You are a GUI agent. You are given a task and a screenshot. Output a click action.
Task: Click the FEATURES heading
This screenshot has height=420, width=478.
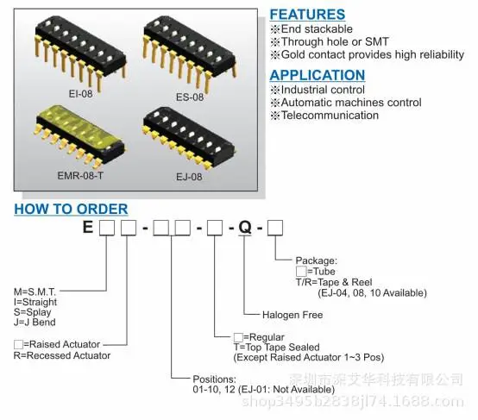pos(307,15)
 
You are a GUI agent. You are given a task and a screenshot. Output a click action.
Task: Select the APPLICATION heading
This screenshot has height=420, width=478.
pos(317,75)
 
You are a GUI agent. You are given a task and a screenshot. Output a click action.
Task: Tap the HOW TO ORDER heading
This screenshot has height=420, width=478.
pos(71,209)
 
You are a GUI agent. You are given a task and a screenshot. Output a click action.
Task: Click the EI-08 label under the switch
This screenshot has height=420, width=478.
pos(80,93)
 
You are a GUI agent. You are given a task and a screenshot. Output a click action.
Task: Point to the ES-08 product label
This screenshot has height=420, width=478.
pos(190,97)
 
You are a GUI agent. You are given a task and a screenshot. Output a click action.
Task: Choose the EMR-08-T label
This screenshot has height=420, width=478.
pos(80,176)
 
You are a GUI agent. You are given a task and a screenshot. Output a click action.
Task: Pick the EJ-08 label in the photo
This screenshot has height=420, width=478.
pos(189,177)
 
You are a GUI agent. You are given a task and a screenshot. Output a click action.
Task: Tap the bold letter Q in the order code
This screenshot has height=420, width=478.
pos(245,227)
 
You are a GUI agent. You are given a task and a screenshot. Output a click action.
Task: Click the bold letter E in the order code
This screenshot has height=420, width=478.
pos(88,227)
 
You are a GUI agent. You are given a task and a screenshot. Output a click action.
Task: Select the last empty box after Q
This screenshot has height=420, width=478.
pos(275,228)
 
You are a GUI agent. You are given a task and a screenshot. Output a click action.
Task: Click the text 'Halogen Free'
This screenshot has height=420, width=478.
pos(292,315)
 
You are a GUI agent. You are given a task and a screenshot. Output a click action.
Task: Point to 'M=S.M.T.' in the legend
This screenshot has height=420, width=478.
pos(35,291)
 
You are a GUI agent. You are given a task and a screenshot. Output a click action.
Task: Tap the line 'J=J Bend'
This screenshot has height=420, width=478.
pos(35,323)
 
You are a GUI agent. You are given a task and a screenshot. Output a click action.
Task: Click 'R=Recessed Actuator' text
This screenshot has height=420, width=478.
pos(62,355)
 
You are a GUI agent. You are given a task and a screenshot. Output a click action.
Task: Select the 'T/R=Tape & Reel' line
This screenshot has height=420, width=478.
pos(334,282)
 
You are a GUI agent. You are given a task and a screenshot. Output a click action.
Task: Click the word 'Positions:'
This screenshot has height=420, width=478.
pos(214,379)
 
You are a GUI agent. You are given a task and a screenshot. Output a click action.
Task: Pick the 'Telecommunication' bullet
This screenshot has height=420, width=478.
pos(324,116)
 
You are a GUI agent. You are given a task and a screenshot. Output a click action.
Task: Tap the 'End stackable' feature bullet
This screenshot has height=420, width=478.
pos(311,29)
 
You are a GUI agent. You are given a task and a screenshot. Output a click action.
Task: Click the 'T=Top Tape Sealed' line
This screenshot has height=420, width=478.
pos(276,348)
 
